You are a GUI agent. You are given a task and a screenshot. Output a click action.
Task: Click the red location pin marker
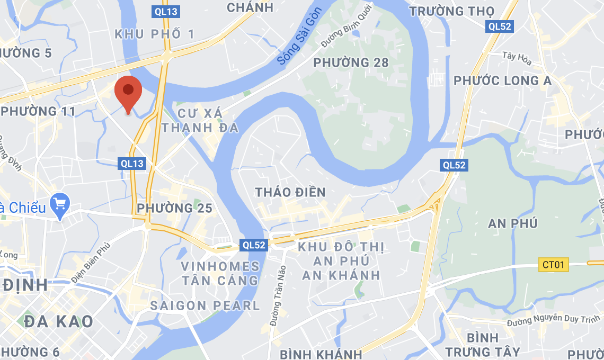pos(128,92)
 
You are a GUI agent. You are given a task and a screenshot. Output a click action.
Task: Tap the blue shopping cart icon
pos(60,204)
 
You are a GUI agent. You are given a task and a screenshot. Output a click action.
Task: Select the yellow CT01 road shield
pos(554,264)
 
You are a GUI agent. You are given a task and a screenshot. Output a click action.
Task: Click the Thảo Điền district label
pos(290,192)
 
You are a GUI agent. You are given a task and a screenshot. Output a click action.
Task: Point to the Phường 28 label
pos(351,63)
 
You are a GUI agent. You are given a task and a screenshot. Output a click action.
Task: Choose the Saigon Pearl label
pos(205,305)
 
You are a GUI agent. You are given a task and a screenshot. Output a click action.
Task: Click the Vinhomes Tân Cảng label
pos(220,273)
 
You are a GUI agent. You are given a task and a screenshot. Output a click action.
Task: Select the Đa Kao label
pos(58,321)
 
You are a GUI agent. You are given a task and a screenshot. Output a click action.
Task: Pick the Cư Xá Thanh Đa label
pos(200,120)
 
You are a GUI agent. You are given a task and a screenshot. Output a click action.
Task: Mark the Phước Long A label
pos(502,80)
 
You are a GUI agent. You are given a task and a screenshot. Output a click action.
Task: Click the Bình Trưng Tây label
pos(482,345)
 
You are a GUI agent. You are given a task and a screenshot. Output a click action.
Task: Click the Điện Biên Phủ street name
pos(92,261)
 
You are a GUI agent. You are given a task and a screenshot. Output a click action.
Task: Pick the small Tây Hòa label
pos(517,55)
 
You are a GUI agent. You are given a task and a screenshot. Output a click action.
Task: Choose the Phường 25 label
pos(174,208)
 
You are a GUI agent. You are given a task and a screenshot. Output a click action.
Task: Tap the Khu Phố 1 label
pos(155,34)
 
